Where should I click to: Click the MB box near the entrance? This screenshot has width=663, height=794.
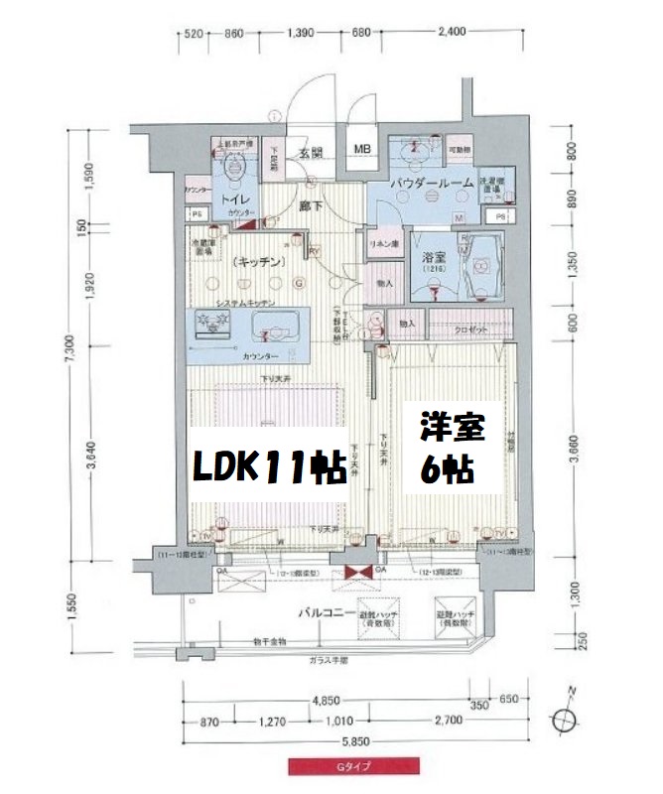point(363,151)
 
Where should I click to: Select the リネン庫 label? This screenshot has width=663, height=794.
point(383,245)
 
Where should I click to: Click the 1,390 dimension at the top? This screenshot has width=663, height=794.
point(301,34)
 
